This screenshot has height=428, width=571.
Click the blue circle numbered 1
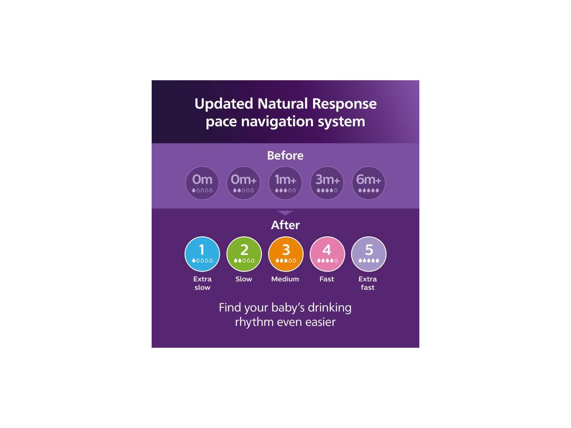[x=202, y=254]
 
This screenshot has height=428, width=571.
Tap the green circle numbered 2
[x=244, y=254]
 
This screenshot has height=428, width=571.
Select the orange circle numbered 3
[x=285, y=254]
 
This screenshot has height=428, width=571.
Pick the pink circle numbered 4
[x=327, y=254]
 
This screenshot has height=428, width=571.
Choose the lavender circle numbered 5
[x=368, y=254]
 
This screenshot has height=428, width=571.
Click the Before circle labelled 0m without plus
[x=202, y=183]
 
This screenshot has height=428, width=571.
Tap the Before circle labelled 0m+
[x=244, y=183]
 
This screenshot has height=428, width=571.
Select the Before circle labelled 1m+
[x=285, y=183]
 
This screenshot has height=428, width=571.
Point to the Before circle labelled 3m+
[x=327, y=183]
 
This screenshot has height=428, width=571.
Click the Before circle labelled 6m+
[x=368, y=183]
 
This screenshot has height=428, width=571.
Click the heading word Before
[x=285, y=156]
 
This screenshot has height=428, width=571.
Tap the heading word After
[x=285, y=225]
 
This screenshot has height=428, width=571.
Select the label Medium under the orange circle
[x=285, y=279]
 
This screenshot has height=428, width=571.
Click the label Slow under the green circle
[x=244, y=279]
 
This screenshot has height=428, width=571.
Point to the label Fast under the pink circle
[x=327, y=279]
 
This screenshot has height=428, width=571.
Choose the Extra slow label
[x=202, y=283]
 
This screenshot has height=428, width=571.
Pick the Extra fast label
[x=368, y=283]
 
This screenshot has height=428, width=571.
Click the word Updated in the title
[x=223, y=104]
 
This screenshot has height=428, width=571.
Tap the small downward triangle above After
[x=285, y=213]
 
